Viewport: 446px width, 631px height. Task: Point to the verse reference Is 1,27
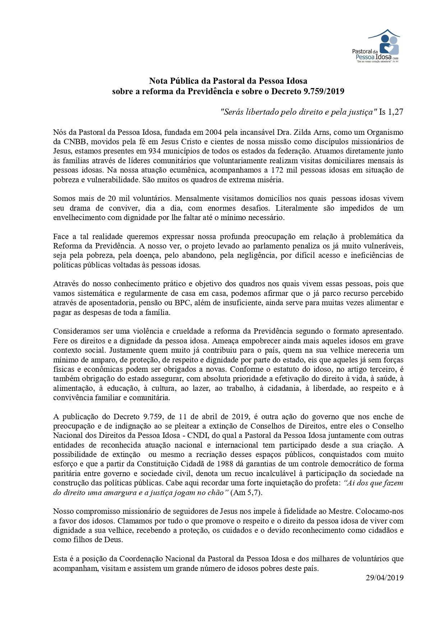[391, 112]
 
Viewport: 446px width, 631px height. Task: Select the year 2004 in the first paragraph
[209, 132]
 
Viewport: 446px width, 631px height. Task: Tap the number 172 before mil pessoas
[277, 170]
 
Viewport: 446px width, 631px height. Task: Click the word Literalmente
[297, 208]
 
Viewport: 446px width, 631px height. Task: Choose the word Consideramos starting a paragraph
[76, 331]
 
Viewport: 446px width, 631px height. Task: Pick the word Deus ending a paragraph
[114, 540]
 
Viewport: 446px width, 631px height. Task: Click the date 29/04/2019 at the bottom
[385, 578]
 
